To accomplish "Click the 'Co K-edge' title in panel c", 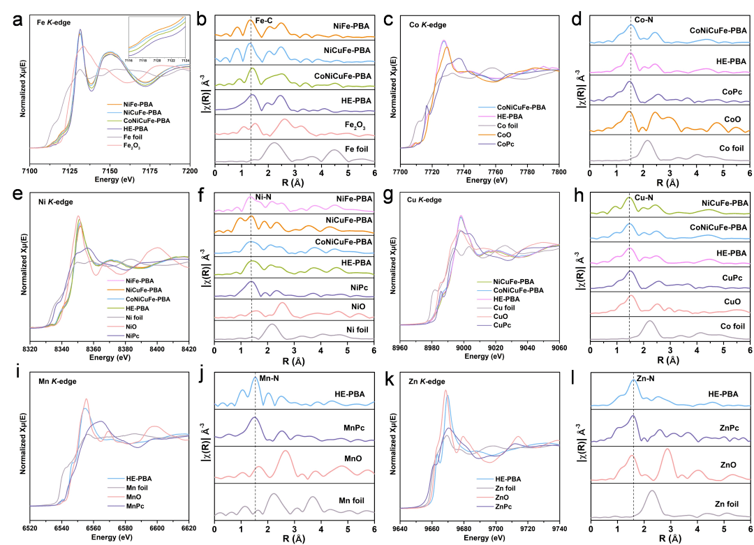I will [428, 25].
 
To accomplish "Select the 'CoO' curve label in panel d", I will [732, 119].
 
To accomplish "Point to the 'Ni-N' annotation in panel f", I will [262, 197].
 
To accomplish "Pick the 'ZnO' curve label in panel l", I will [727, 464].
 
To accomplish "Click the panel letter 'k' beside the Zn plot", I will [389, 382].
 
